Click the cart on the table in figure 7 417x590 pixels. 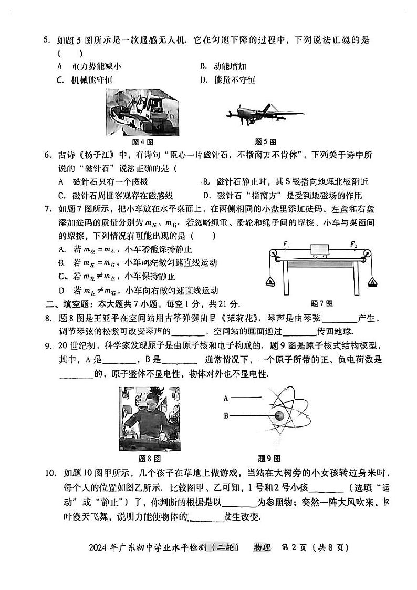(x=320, y=249)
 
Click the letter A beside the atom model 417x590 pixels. (x=225, y=399)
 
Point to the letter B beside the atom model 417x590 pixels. (x=225, y=416)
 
